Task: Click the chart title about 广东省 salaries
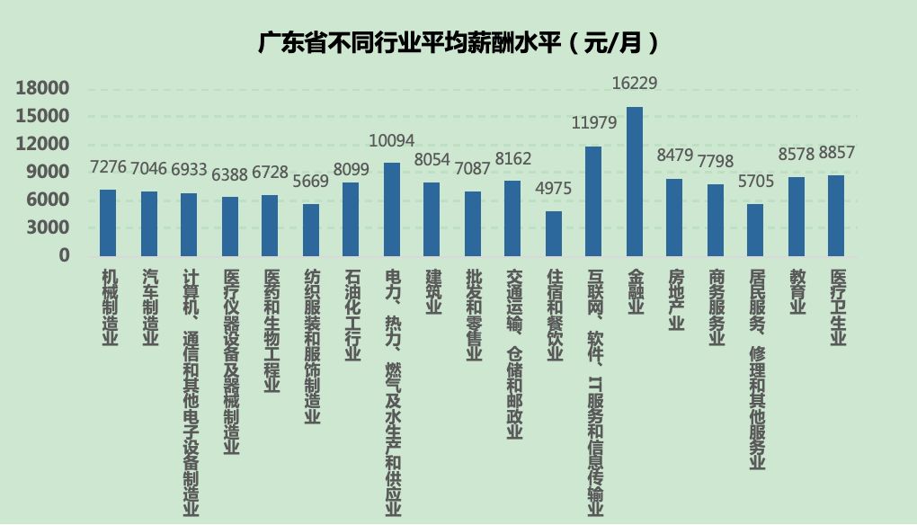[458, 42]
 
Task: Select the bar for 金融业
[635, 181]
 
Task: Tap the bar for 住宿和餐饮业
[554, 233]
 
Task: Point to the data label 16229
[635, 84]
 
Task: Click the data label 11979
[594, 123]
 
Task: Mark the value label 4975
[554, 189]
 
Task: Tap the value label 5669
[310, 182]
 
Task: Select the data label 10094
[392, 140]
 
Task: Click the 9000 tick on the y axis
[49, 172]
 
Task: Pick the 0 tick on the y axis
[64, 255]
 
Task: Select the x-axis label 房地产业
[676, 298]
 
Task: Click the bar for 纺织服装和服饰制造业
[310, 229]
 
